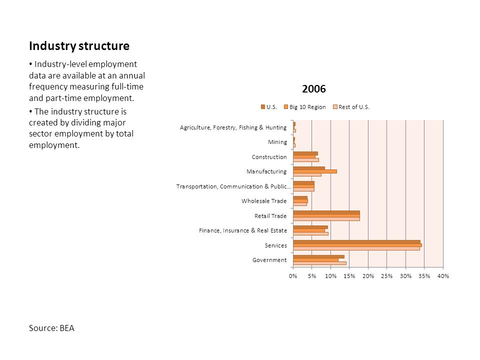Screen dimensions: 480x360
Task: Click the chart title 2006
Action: [x=314, y=89]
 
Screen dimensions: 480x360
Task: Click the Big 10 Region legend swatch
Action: [x=286, y=107]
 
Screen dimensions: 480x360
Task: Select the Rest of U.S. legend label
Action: [x=354, y=107]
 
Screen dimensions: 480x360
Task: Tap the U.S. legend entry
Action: [x=269, y=107]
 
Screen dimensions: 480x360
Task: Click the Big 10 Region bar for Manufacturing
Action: [x=314, y=171]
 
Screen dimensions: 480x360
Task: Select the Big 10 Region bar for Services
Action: [x=357, y=245]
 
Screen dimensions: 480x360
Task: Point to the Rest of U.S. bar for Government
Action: [x=319, y=263]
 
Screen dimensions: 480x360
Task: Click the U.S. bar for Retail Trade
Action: [x=326, y=212]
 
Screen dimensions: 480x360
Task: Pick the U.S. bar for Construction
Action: [x=305, y=153]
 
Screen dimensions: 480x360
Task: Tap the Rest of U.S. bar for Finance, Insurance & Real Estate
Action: [x=310, y=233]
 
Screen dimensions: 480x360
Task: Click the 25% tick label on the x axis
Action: [x=386, y=276]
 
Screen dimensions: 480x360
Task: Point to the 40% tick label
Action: [x=443, y=276]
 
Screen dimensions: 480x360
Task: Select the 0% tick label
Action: [x=293, y=276]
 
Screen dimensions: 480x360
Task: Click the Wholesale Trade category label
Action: [x=264, y=201]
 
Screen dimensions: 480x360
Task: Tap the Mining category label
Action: [x=277, y=142]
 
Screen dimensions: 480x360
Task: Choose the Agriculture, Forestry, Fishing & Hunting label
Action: [x=233, y=127]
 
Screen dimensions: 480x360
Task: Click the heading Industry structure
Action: [x=79, y=46]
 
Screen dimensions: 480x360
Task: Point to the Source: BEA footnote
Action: [x=51, y=328]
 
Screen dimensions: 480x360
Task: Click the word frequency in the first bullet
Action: [x=48, y=87]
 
